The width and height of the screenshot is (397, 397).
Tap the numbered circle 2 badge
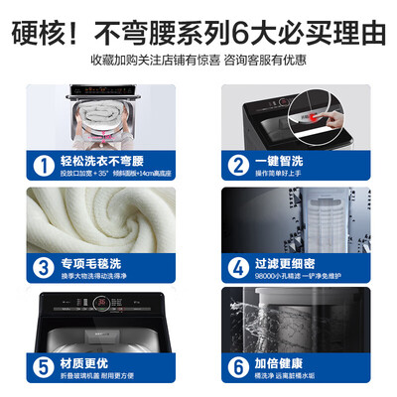239,162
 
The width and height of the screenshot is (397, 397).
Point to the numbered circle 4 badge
239,266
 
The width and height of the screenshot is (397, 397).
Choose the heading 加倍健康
285,361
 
